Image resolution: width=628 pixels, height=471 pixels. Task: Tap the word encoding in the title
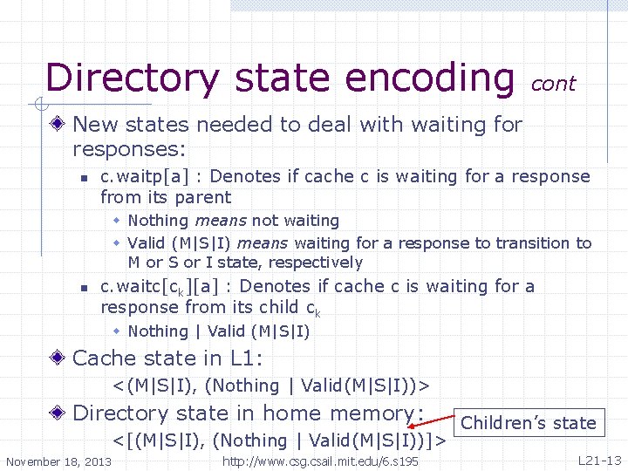[428, 77]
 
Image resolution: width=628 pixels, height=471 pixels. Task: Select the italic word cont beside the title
[553, 84]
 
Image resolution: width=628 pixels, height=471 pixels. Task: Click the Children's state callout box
[529, 423]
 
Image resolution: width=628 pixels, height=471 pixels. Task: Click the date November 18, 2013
[58, 461]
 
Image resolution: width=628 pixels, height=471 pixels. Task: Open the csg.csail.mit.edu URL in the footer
[321, 461]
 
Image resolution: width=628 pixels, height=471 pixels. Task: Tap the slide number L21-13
[599, 460]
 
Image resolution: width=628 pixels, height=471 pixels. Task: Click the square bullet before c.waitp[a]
[83, 178]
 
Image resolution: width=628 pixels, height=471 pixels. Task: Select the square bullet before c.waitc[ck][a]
[83, 288]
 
